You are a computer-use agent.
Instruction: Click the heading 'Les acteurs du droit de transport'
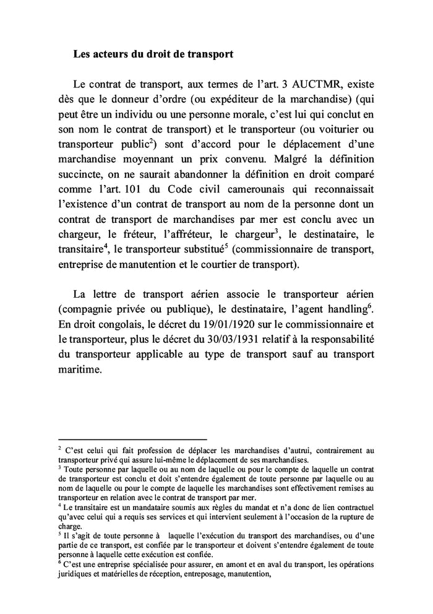point(153,54)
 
